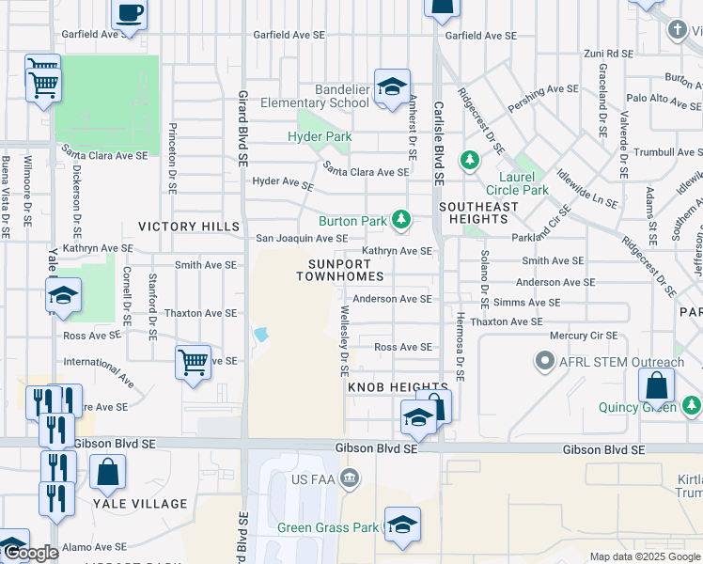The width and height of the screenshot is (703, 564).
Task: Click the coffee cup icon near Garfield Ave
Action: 130,14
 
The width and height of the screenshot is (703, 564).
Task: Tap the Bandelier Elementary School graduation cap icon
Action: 392,87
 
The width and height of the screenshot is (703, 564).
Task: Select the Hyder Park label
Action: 320,136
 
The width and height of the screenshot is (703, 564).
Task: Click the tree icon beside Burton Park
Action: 401,220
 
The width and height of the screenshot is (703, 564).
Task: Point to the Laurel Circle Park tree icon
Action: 469,161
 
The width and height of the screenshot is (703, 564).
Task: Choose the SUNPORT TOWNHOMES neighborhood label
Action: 340,270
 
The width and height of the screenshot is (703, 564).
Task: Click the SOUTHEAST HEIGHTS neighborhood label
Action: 478,212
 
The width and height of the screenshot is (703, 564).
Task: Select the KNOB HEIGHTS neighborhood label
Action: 398,387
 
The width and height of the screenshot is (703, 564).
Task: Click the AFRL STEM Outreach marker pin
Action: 544,361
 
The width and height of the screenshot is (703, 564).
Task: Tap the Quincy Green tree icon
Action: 691,406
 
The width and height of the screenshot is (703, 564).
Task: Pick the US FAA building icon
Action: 350,479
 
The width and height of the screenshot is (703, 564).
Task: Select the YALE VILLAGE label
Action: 140,504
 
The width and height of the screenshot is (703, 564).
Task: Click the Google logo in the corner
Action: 31,553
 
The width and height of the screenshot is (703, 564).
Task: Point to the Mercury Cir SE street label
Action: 584,335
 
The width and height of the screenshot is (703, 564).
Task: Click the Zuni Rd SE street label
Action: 608,54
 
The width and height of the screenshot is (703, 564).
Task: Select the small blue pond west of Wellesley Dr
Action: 260,334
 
